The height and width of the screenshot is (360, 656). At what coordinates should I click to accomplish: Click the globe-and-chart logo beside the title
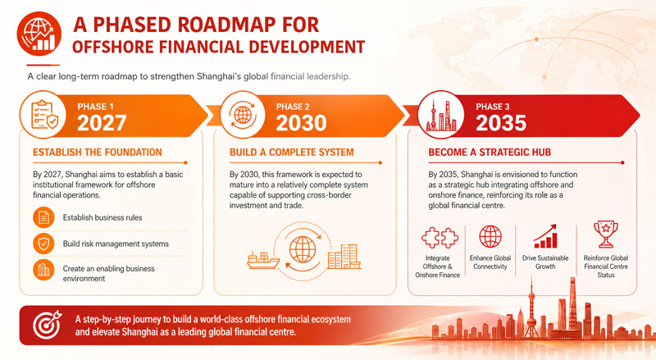click(39, 34)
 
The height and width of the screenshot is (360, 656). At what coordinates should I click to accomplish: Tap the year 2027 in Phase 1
click(102, 123)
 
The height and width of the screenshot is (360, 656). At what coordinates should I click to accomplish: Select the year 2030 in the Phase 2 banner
click(301, 123)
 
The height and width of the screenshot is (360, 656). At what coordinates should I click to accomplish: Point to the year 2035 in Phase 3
click(501, 123)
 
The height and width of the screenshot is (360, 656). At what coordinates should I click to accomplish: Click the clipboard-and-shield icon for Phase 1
click(44, 114)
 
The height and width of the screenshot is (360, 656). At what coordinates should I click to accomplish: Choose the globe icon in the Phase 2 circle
click(243, 114)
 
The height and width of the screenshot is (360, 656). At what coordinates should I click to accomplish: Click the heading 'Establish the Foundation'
click(98, 153)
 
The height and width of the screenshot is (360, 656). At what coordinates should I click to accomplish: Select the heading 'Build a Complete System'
click(292, 153)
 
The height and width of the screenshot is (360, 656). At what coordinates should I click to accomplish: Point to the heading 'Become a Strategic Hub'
click(490, 153)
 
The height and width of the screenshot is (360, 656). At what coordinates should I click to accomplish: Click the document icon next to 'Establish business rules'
click(43, 217)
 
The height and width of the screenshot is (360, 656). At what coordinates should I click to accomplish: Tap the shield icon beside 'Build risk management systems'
click(43, 244)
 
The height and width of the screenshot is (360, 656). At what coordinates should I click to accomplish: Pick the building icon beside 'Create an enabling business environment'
click(43, 270)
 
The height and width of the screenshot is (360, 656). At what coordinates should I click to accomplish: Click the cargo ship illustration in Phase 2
click(262, 260)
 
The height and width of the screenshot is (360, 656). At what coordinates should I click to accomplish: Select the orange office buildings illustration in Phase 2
click(344, 256)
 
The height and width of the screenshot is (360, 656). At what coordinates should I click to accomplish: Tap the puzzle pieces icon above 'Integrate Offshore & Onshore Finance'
click(440, 238)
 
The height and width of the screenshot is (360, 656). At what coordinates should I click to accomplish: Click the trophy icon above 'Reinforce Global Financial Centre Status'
click(606, 235)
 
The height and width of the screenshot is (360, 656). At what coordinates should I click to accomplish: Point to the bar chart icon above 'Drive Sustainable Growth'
click(545, 236)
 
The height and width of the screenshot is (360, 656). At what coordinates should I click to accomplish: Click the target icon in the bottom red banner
click(48, 325)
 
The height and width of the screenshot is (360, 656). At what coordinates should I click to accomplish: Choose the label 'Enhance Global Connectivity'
click(490, 262)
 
